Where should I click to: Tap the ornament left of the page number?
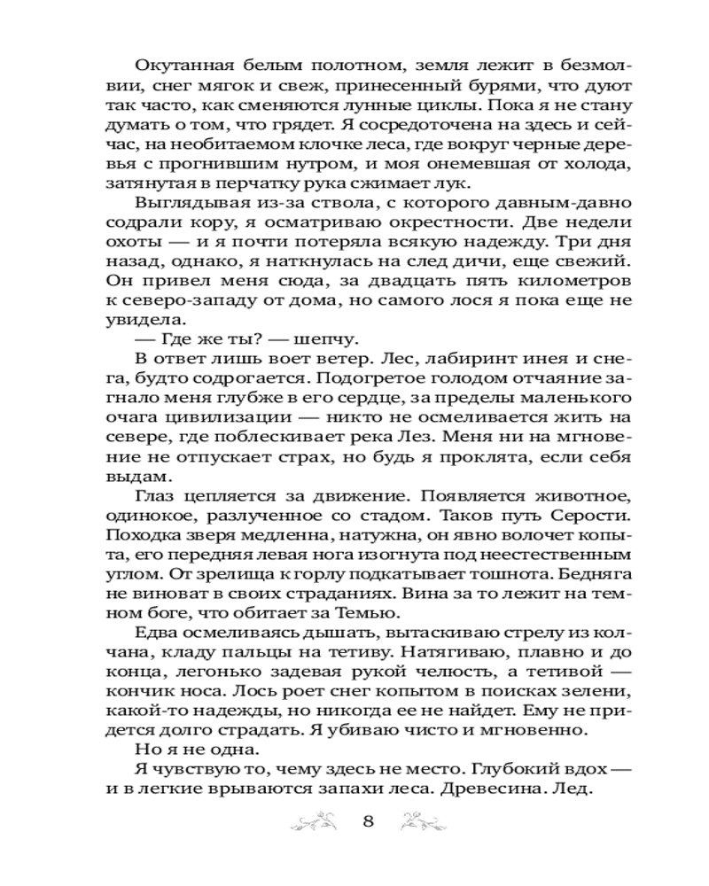click(x=316, y=820)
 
